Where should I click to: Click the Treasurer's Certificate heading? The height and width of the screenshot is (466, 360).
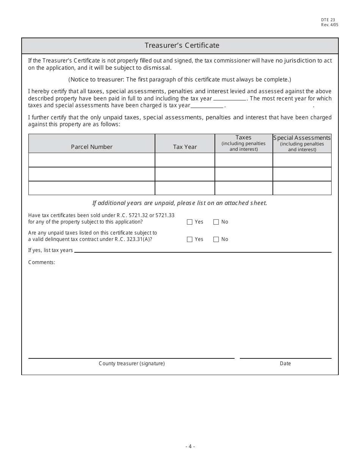182,45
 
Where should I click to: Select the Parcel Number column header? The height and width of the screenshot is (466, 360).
92,147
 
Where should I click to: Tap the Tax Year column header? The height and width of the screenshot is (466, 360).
185,147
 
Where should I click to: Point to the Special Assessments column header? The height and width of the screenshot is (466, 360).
302,138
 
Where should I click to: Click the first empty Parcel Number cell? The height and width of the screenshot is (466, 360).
92,160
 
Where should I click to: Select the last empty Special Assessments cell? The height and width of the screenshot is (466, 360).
302,188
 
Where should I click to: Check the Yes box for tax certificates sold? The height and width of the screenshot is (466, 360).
190,222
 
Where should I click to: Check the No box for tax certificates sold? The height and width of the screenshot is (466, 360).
216,222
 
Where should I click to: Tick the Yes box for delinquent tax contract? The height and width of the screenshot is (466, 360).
190,239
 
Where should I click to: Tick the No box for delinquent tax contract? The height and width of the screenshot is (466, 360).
216,239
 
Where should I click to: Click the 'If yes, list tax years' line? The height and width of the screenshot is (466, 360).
203,250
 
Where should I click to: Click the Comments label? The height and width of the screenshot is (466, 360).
42,262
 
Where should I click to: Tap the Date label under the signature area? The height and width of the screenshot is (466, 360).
285,363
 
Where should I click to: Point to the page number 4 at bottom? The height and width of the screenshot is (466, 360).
190,446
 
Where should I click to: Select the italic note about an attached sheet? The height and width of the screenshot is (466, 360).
180,203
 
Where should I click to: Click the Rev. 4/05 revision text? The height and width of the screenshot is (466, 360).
329,25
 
